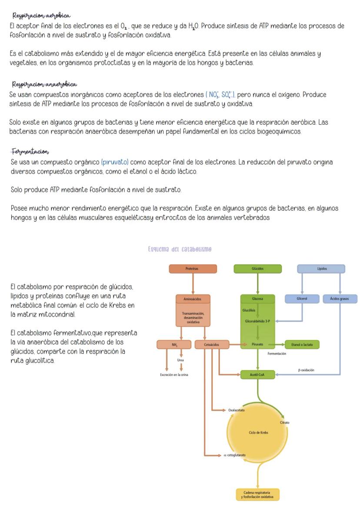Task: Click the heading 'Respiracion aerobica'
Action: point(41,16)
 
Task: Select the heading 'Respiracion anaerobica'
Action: point(43,84)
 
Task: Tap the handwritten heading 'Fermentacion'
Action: point(30,152)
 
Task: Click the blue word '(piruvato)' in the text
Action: point(115,162)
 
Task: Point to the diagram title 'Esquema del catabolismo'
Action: point(180,249)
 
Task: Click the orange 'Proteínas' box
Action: point(192,269)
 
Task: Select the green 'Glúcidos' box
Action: point(257,269)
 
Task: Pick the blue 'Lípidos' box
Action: point(321,269)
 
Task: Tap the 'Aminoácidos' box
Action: point(193,299)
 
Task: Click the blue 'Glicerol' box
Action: point(302,299)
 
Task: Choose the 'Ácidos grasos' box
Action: point(340,299)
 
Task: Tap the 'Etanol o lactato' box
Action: point(302,345)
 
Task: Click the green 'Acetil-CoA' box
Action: point(257,374)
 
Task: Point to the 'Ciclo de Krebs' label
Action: point(258,432)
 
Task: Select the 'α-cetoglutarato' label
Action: point(234,455)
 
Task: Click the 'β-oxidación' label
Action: point(306,370)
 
